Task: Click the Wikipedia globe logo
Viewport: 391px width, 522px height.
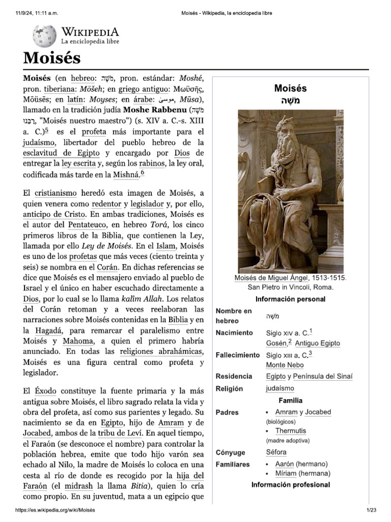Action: [x=45, y=36]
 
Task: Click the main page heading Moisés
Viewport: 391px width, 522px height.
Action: [x=52, y=58]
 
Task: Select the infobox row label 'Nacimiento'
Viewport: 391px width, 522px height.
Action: [x=234, y=332]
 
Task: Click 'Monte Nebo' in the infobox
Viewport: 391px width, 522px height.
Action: [x=285, y=365]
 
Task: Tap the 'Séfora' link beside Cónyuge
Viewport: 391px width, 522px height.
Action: [x=276, y=452]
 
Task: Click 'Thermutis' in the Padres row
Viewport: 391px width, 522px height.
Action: [x=291, y=431]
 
